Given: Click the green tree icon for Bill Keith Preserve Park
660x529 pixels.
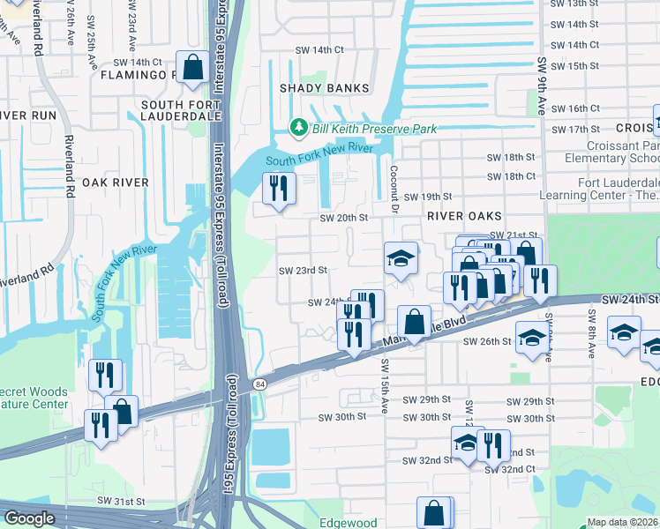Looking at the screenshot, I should pyautogui.click(x=299, y=129).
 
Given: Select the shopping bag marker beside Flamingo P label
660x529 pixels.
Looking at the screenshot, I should pyautogui.click(x=192, y=66).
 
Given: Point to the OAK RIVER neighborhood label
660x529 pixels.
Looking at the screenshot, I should pyautogui.click(x=116, y=183).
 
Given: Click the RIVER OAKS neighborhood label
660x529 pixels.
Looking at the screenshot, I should pyautogui.click(x=464, y=216).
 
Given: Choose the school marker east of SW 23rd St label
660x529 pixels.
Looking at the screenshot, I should pyautogui.click(x=401, y=258).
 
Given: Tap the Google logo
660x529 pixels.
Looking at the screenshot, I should pyautogui.click(x=29, y=518).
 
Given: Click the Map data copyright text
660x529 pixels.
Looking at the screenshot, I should pyautogui.click(x=622, y=522).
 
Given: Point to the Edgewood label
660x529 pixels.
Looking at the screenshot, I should pyautogui.click(x=353, y=523).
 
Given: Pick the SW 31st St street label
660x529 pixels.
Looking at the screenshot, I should pyautogui.click(x=121, y=501).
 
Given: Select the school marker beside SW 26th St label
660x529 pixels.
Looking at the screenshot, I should pyautogui.click(x=530, y=339).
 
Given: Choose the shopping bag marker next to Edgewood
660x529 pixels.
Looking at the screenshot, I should pyautogui.click(x=434, y=512).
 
